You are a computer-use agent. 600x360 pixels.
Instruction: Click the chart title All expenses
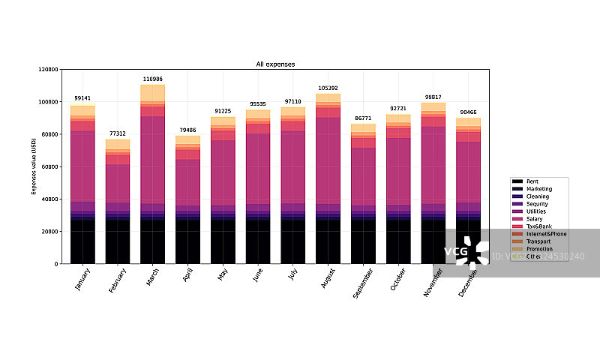pos(275,64)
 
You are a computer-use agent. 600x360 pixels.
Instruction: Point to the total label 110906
pos(153,79)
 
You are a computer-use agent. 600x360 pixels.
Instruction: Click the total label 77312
pos(118,133)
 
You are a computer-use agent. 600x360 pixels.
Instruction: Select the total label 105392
pos(328,88)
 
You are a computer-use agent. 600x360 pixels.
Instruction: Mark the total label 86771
pos(363,118)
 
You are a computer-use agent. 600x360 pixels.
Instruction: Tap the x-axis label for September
pos(363,285)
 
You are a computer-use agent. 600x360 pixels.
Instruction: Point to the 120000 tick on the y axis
pos(47,69)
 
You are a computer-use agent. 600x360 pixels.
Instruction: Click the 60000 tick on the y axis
pos(49,166)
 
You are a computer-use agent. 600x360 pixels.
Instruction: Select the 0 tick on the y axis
pos(56,264)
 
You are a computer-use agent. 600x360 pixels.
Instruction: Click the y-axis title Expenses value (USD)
pos(34,166)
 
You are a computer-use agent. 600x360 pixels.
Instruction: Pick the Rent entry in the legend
pos(532,181)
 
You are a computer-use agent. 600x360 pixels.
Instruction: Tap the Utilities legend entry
pos(536,211)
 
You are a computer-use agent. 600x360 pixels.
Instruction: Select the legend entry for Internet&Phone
pos(546,234)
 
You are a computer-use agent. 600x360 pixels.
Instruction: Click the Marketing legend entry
pos(538,189)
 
